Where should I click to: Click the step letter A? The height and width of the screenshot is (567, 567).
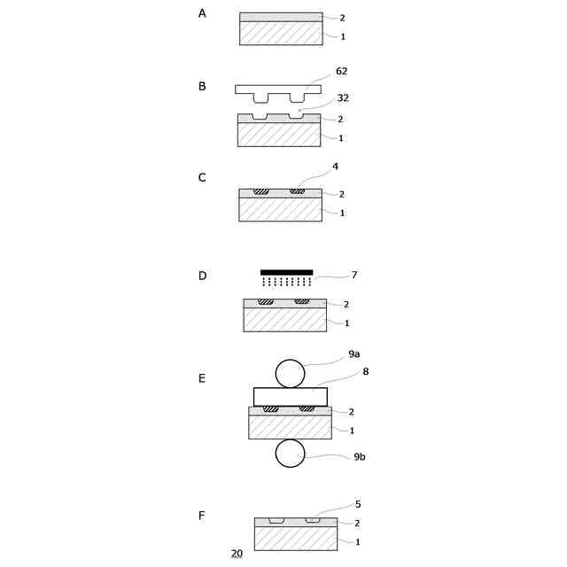[202, 13]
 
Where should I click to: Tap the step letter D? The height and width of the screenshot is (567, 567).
[202, 276]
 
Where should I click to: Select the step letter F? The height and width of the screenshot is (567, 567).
[202, 515]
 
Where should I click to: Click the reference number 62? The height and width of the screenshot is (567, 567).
[342, 71]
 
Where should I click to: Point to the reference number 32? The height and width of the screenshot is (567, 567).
[342, 98]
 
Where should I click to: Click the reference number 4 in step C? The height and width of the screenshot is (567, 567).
[335, 166]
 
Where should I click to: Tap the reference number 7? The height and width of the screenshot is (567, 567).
[354, 276]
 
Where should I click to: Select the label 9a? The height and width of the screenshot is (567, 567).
[353, 353]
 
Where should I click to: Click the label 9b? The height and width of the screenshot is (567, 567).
[359, 457]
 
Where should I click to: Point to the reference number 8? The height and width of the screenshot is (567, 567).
[365, 371]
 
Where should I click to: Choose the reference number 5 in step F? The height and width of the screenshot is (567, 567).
[358, 504]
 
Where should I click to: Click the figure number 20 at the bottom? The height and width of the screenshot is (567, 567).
[237, 554]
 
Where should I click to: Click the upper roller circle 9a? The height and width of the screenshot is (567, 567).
[290, 373]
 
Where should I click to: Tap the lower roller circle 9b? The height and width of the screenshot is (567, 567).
[290, 454]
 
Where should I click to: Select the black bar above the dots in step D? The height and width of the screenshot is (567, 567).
[286, 272]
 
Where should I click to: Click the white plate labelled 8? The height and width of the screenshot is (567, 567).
[290, 396]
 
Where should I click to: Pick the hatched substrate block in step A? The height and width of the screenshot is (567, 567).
[281, 33]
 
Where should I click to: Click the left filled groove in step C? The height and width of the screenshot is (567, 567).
[260, 192]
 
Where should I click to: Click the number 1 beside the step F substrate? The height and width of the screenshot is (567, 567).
[358, 542]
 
